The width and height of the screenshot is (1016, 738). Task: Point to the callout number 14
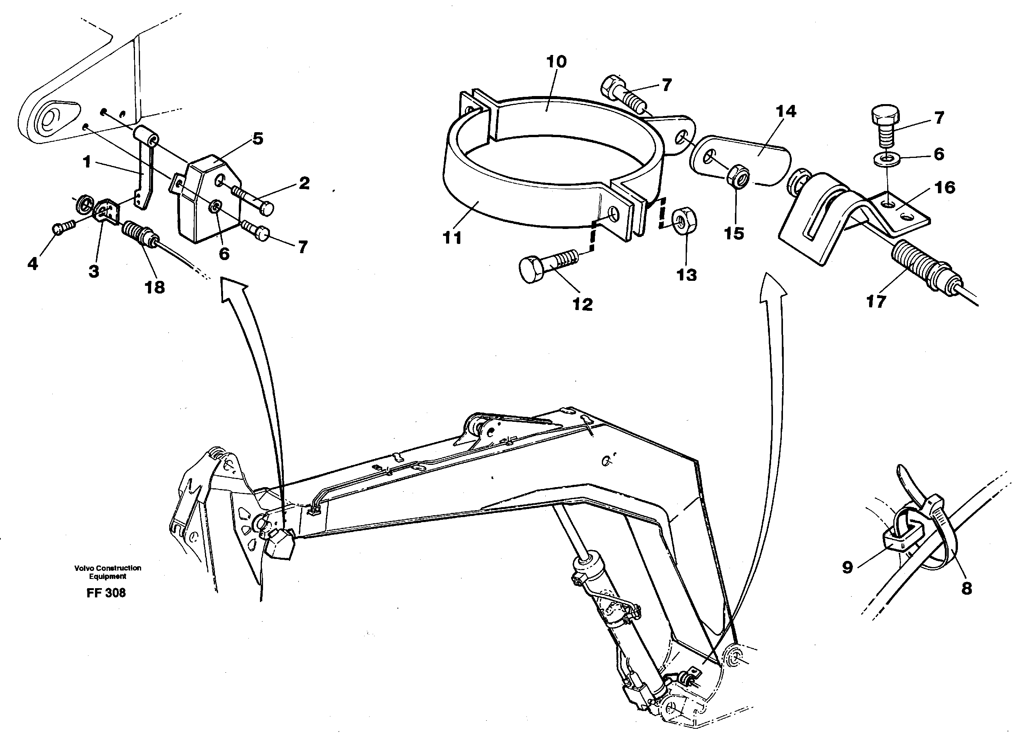coord(786,111)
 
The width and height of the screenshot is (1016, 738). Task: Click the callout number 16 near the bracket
coord(945,187)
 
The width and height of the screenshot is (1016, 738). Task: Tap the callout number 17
coord(876,301)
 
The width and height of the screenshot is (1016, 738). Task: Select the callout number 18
coord(155,287)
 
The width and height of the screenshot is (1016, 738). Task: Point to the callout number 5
coord(258,138)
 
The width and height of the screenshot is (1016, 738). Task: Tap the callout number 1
coord(87,162)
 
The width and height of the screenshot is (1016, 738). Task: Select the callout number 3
coord(93,271)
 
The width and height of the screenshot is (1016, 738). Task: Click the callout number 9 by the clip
coord(848,567)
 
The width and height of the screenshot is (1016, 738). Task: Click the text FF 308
coord(106,593)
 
